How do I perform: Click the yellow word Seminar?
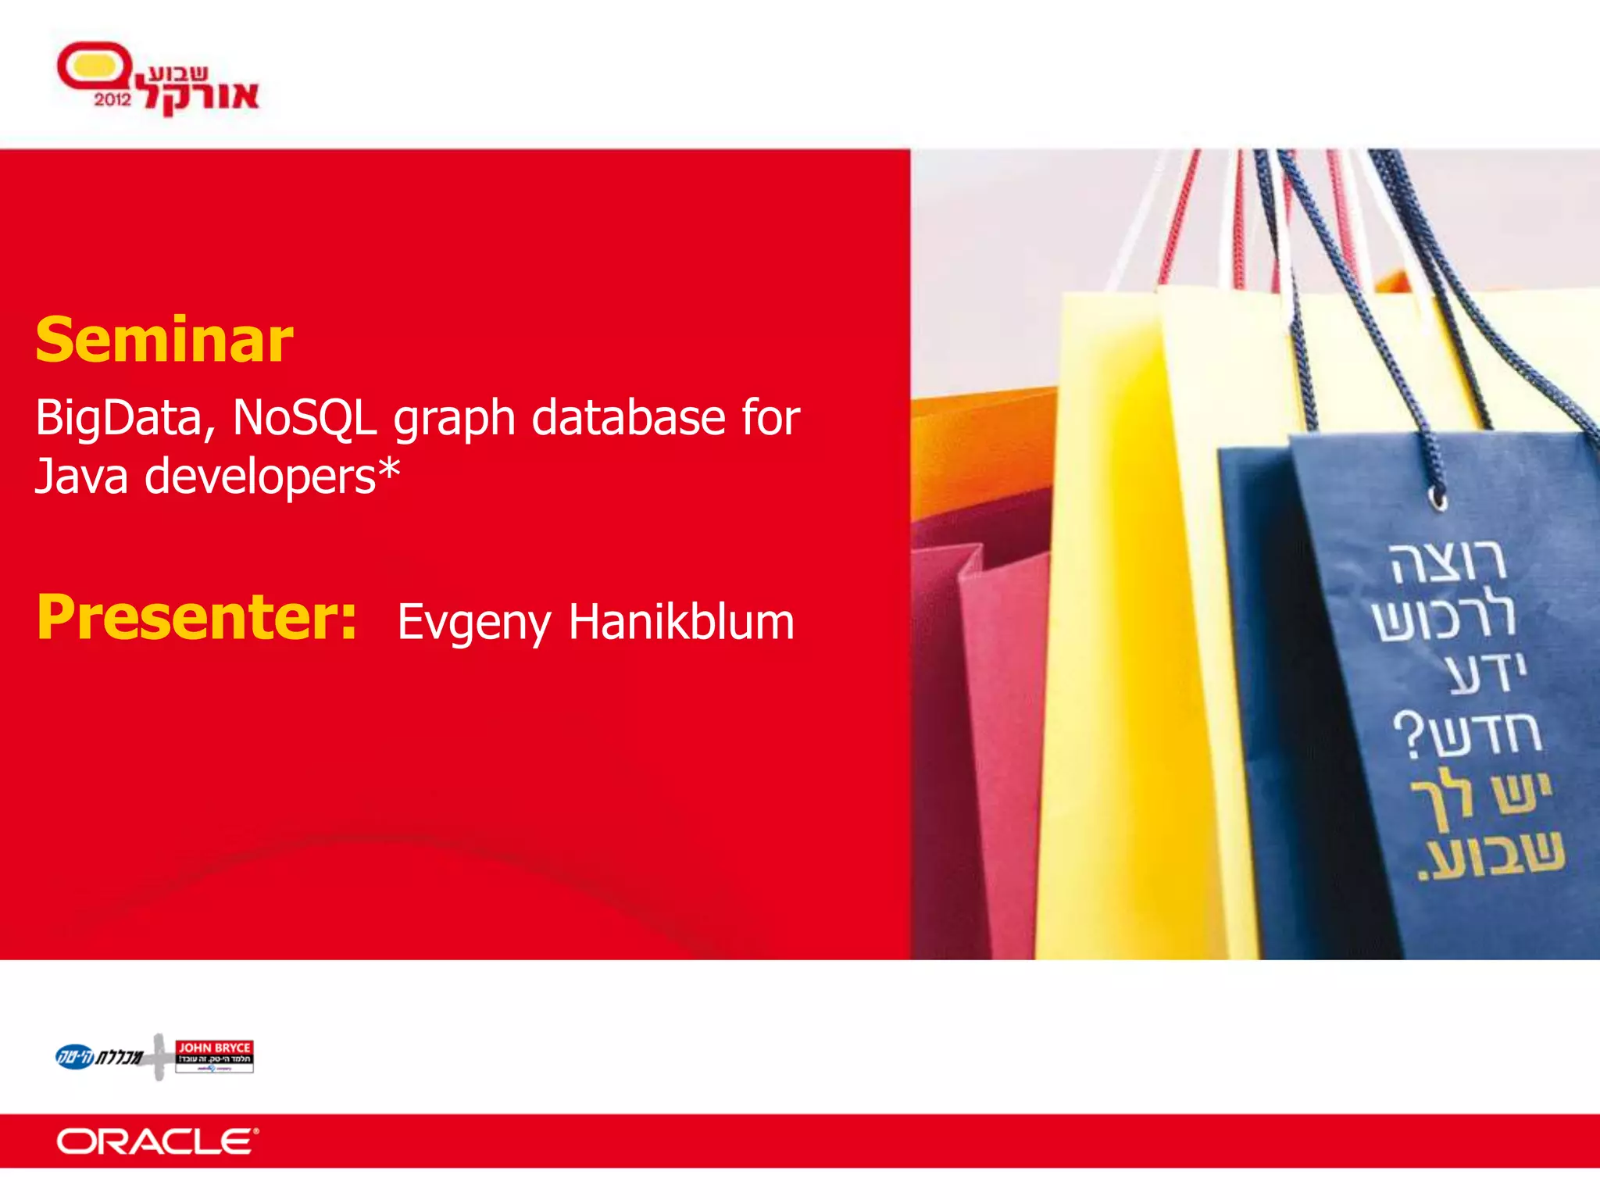164,341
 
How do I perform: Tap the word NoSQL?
305,418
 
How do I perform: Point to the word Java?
81,476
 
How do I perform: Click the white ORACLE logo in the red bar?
156,1141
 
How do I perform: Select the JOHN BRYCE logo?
214,1056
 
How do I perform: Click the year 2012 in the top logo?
112,100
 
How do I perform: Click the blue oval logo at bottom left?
75,1057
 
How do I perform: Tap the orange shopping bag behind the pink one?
977,453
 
